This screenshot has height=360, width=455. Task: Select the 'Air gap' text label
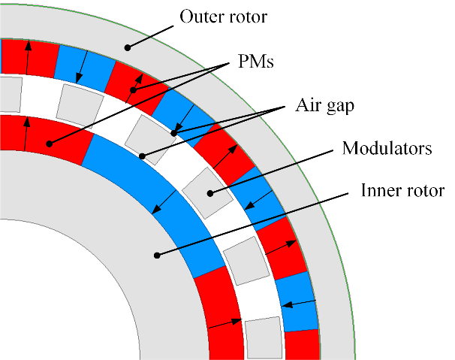(x=324, y=106)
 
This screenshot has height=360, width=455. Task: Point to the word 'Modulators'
(x=387, y=148)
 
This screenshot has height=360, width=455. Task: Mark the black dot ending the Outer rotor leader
(x=128, y=47)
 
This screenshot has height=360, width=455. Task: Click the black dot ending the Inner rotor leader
(x=157, y=256)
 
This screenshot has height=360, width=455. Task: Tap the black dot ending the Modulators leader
(x=209, y=193)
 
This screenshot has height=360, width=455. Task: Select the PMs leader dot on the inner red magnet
(x=49, y=144)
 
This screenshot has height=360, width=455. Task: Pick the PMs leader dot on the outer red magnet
(x=133, y=90)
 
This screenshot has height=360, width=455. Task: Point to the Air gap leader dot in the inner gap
(x=142, y=156)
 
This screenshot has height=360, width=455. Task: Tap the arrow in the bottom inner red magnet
(x=225, y=323)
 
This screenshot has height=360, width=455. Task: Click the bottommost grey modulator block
(x=263, y=339)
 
